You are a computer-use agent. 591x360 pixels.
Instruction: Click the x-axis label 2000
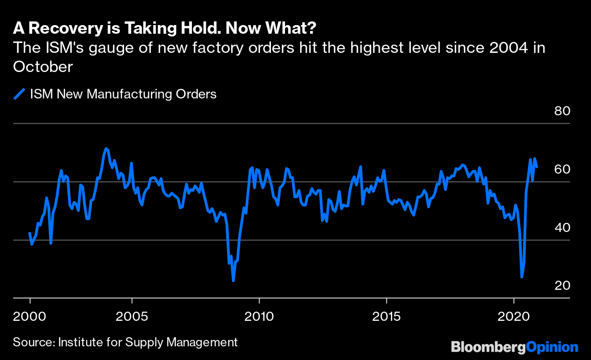(30, 316)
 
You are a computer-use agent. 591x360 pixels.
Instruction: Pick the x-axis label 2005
(132, 316)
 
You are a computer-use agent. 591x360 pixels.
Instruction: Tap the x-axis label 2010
(259, 316)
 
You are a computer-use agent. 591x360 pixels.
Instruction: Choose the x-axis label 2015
(386, 316)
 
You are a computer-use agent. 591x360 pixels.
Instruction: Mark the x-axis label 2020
(513, 316)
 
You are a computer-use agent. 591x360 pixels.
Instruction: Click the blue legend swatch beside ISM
(19, 94)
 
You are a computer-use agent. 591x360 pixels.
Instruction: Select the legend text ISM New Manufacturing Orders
(123, 94)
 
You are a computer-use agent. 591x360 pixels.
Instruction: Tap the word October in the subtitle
(43, 67)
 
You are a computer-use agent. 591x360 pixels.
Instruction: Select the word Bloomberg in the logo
(488, 347)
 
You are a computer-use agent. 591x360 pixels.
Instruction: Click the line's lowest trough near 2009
(233, 280)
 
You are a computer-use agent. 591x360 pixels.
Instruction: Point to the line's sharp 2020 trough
(522, 277)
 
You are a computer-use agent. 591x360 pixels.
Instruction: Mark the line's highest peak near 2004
(106, 149)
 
